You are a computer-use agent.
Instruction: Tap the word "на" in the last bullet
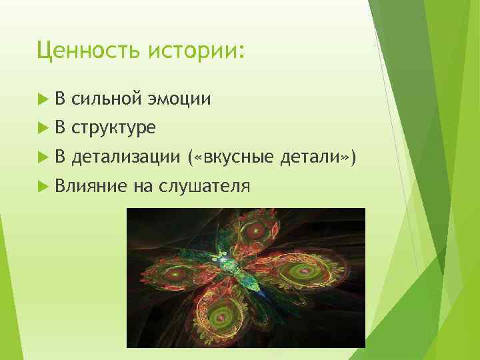coord(142,186)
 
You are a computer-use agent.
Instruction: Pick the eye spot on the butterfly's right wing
coord(297,273)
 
